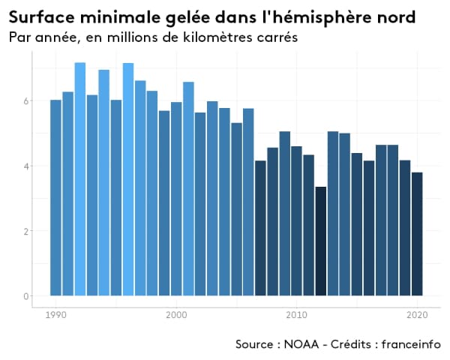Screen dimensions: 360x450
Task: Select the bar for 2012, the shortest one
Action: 320,241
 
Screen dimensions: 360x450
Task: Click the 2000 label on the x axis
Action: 176,314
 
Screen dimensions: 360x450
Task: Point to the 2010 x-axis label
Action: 296,314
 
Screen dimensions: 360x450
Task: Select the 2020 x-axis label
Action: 417,314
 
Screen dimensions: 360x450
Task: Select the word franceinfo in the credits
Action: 410,344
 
